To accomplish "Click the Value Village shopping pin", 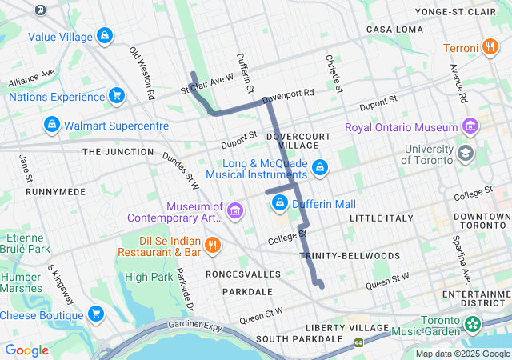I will coord(104,36).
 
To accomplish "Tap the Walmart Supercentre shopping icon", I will coord(51,126).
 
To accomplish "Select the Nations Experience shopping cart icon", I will coord(118,97).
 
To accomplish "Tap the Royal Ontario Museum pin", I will coord(470,127).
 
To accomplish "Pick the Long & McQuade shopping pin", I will coord(320,168).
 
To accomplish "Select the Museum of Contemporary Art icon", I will coord(234,211).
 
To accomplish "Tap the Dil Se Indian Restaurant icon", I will coord(211,245).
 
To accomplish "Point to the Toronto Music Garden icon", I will coord(474,324).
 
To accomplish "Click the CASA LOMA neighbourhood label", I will coord(394,30).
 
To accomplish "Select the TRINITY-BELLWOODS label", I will coord(350,255).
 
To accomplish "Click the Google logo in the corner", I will coord(27,350).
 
